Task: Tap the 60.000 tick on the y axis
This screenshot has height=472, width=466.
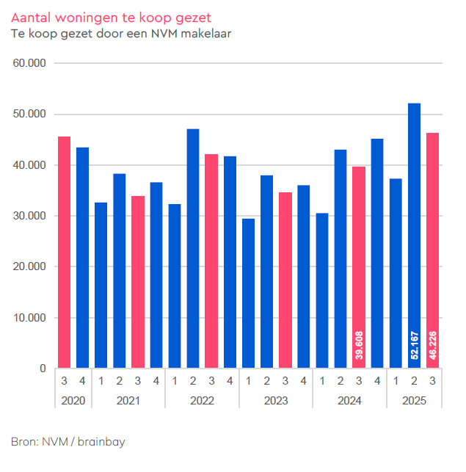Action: (x=30, y=64)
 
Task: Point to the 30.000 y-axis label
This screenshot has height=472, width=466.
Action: (x=30, y=217)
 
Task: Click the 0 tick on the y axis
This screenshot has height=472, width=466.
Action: (x=43, y=368)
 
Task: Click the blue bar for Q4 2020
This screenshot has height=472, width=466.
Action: (x=82, y=258)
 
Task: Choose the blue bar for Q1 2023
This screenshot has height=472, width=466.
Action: (x=248, y=293)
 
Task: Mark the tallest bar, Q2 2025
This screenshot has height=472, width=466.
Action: (x=414, y=235)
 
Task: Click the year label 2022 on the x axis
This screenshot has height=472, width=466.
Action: (x=202, y=401)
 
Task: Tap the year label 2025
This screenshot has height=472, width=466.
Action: (x=414, y=401)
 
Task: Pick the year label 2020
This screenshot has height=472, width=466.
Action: (x=73, y=401)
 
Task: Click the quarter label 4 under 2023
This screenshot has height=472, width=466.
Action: (x=303, y=382)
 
